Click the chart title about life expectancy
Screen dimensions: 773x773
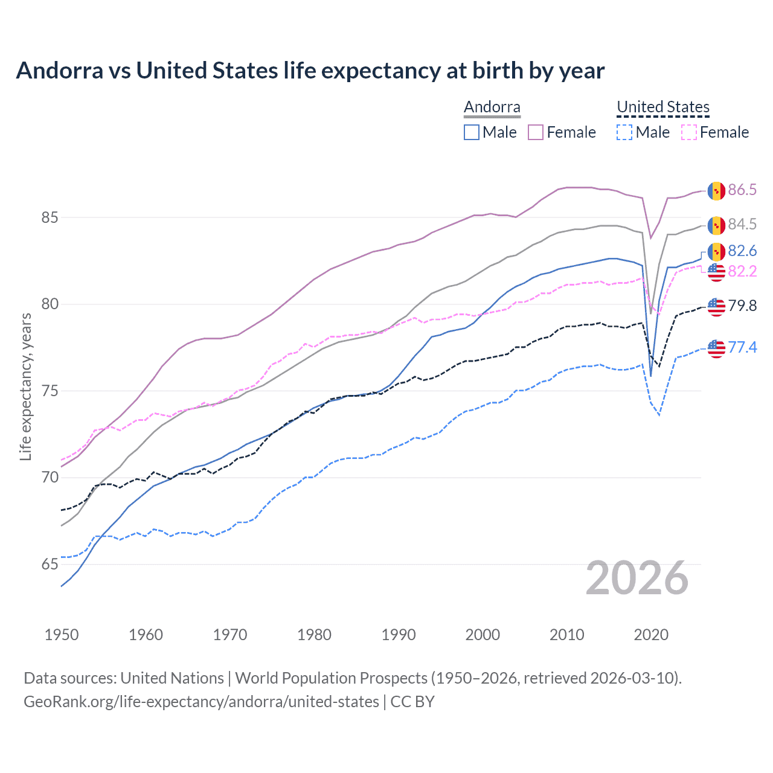click(x=310, y=71)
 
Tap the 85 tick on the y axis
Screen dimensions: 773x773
click(x=50, y=217)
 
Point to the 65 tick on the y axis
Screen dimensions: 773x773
click(x=50, y=565)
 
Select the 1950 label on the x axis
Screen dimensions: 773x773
click(x=62, y=635)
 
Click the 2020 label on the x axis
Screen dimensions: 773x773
click(x=651, y=635)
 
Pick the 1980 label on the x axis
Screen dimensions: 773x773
click(x=314, y=635)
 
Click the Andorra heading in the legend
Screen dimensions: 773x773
click(x=492, y=107)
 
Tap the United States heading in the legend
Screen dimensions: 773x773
click(x=662, y=107)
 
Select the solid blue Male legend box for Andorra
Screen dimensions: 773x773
click(x=472, y=132)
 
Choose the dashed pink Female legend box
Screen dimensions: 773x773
click(x=689, y=132)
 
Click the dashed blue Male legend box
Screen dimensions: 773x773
click(x=624, y=132)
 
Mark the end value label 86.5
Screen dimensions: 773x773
click(x=742, y=190)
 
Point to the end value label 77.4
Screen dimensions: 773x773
click(x=742, y=347)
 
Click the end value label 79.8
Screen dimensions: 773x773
click(x=742, y=306)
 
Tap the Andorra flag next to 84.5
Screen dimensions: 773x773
click(x=716, y=225)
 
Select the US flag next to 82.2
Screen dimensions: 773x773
click(x=716, y=272)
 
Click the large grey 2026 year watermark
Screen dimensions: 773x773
click(x=637, y=578)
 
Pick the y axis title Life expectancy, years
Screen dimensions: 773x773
click(x=25, y=386)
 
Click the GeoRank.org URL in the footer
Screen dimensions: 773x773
click(x=201, y=702)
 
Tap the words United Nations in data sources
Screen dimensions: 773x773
click(x=172, y=678)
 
